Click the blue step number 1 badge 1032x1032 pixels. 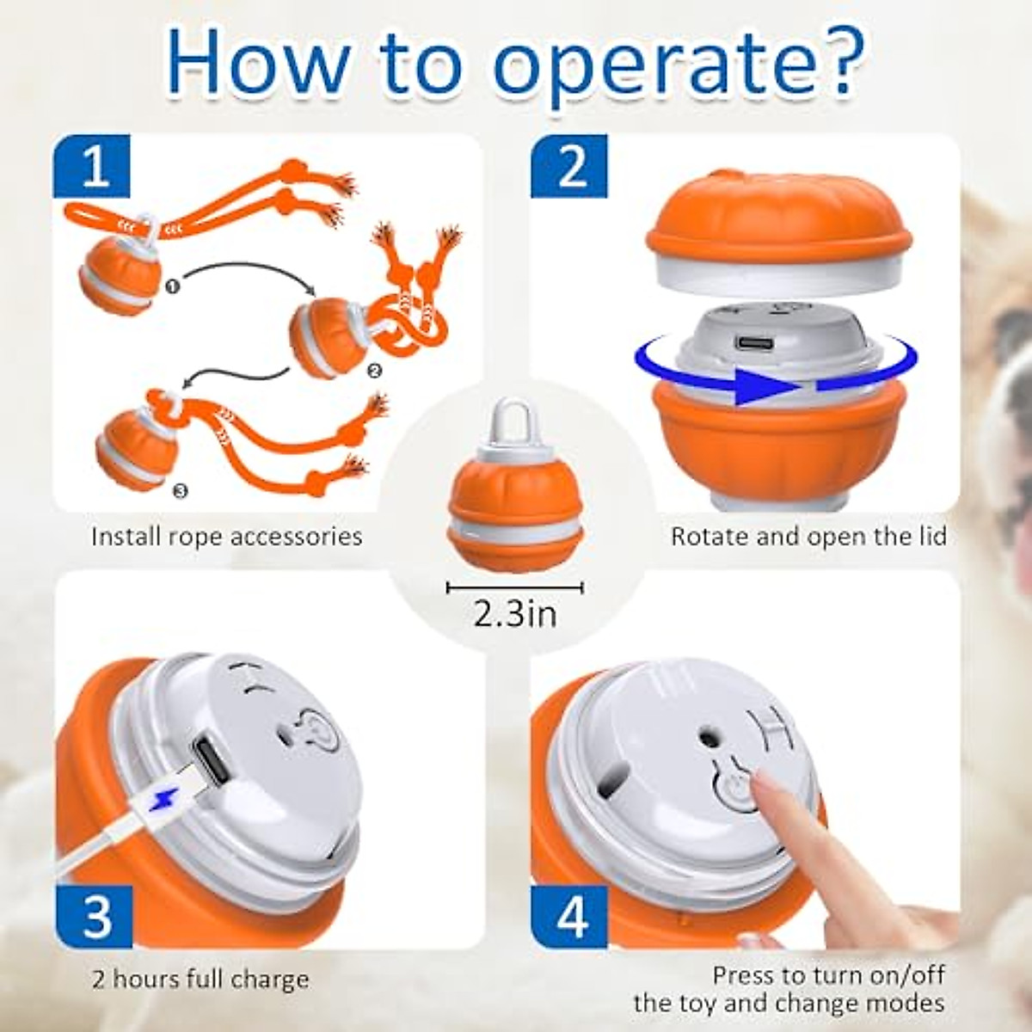click(93, 167)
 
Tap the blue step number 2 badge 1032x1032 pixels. click(570, 167)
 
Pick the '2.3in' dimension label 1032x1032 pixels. click(514, 613)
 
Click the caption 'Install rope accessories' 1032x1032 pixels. click(226, 537)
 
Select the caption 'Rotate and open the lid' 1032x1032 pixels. click(808, 537)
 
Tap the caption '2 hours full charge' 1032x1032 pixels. click(200, 980)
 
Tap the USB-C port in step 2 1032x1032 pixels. click(753, 343)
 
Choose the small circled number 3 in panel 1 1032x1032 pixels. click(178, 491)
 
